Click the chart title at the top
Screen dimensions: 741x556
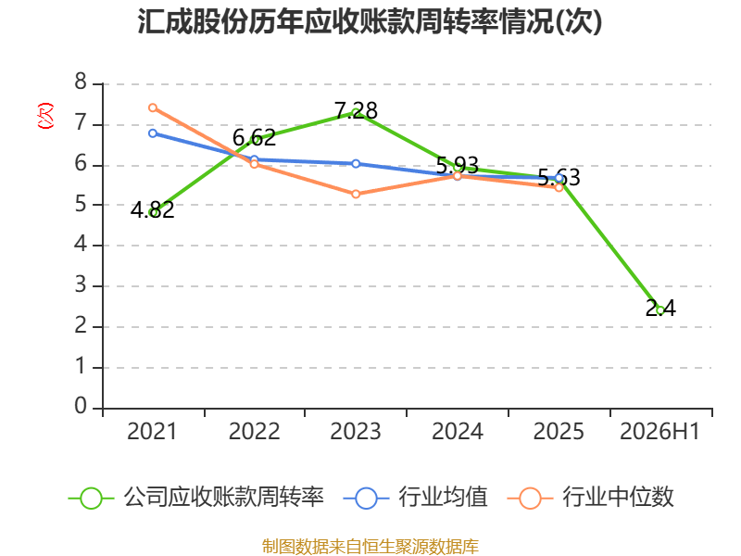click(x=370, y=21)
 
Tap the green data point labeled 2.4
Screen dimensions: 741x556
click(x=660, y=310)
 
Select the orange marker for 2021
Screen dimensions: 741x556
click(x=153, y=107)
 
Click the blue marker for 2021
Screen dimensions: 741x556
click(x=153, y=133)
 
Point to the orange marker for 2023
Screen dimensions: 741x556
click(x=356, y=194)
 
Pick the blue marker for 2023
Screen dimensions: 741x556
click(x=356, y=164)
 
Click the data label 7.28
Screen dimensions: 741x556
click(x=356, y=110)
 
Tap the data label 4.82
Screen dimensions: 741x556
click(x=153, y=210)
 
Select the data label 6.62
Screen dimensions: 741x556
click(x=254, y=137)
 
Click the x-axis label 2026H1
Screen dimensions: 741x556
click(x=659, y=431)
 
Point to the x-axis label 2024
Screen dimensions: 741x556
click(x=458, y=431)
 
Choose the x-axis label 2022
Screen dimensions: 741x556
click(x=254, y=431)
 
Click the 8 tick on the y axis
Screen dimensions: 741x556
click(x=81, y=82)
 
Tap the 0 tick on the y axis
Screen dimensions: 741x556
click(x=81, y=406)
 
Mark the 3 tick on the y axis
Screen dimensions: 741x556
click(x=81, y=284)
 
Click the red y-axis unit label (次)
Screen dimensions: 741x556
click(x=45, y=116)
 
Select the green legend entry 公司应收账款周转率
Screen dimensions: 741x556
click(x=196, y=498)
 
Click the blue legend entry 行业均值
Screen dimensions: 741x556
click(x=415, y=498)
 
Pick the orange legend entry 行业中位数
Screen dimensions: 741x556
click(x=590, y=498)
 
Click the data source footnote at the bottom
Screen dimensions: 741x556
click(x=370, y=547)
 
